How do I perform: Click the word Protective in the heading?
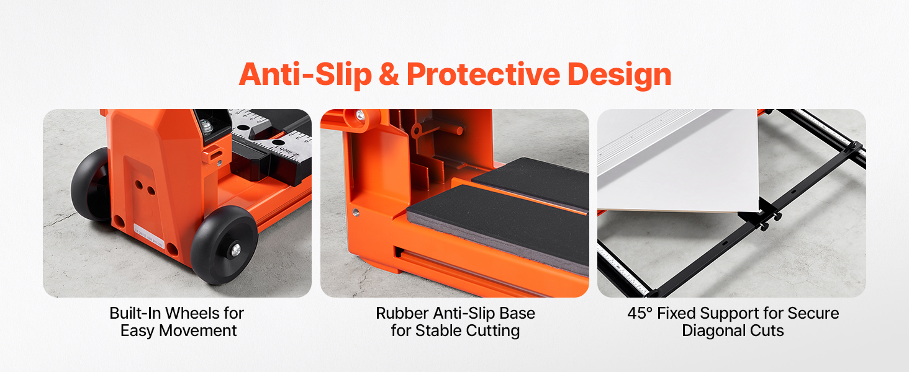pyautogui.click(x=483, y=74)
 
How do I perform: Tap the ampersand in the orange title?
pyautogui.click(x=389, y=74)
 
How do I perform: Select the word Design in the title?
pyautogui.click(x=619, y=75)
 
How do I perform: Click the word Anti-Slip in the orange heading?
pyautogui.click(x=305, y=75)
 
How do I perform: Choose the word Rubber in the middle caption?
pyautogui.click(x=402, y=313)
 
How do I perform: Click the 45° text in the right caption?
pyautogui.click(x=640, y=313)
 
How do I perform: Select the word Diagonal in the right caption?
pyautogui.click(x=713, y=330)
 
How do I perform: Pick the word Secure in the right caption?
pyautogui.click(x=813, y=313)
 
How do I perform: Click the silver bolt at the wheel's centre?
pyautogui.click(x=235, y=250)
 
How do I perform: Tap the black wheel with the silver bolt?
pyautogui.click(x=224, y=246)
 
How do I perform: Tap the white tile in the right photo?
pyautogui.click(x=677, y=162)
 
